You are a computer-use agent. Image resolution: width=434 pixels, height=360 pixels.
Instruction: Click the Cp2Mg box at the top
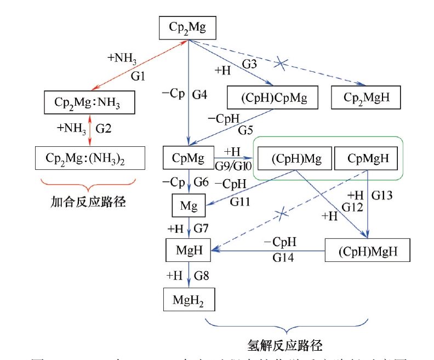pyautogui.click(x=187, y=28)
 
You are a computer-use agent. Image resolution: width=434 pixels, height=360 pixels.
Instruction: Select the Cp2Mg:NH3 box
pyautogui.click(x=89, y=102)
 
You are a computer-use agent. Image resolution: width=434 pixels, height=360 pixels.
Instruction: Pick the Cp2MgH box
pyautogui.click(x=365, y=98)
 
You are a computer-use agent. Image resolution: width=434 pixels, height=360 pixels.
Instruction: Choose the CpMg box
pyautogui.click(x=188, y=158)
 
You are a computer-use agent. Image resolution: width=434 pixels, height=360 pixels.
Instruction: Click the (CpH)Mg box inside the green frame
pyautogui.click(x=293, y=159)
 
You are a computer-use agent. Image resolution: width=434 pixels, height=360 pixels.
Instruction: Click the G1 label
pyautogui.click(x=138, y=76)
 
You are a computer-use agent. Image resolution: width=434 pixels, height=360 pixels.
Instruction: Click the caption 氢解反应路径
pyautogui.click(x=285, y=345)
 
